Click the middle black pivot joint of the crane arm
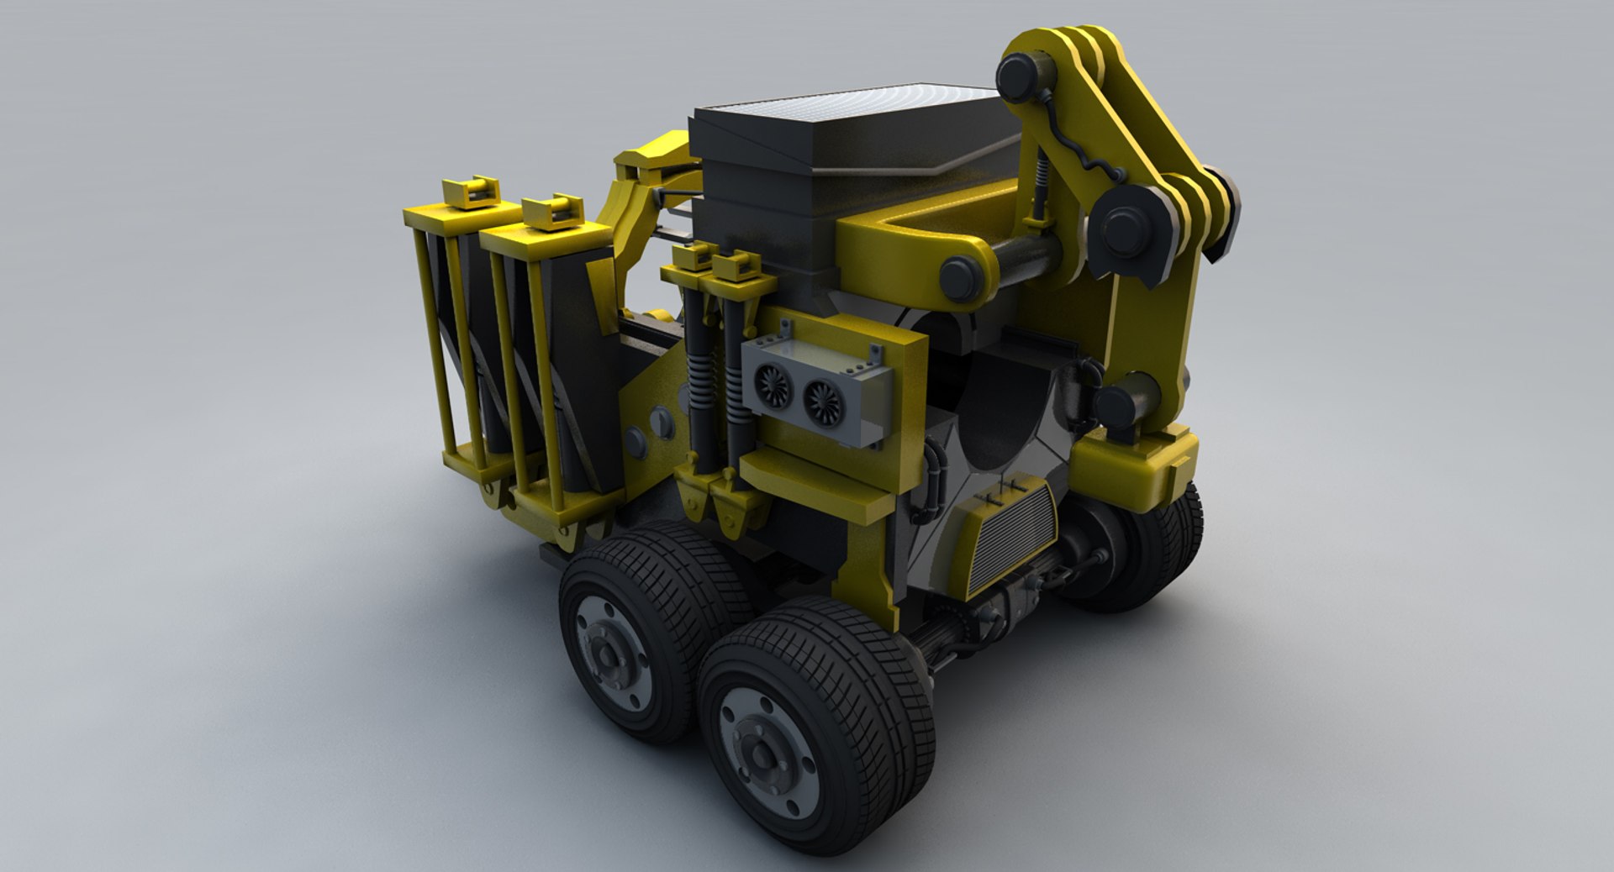tap(1126, 227)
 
